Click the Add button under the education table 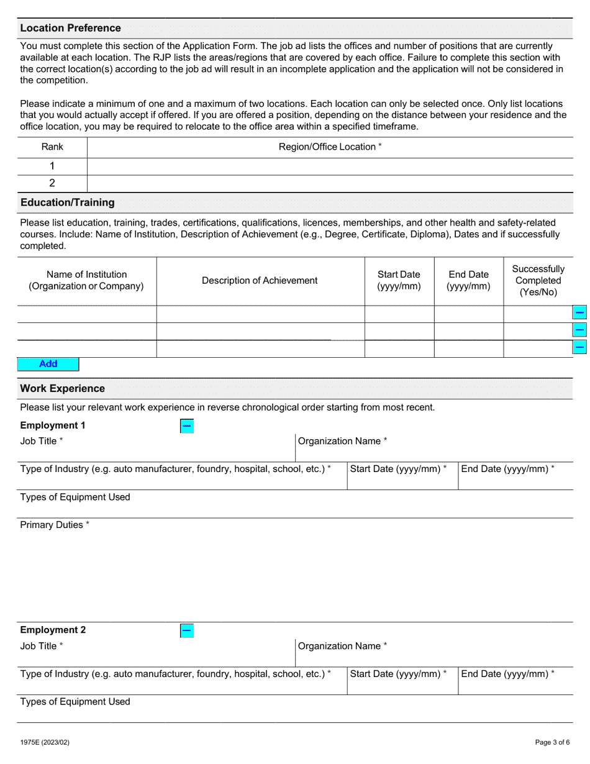pyautogui.click(x=48, y=364)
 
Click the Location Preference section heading pyautogui.click(x=70, y=28)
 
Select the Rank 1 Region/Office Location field pyautogui.click(x=330, y=166)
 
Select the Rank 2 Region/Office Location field pyautogui.click(x=330, y=183)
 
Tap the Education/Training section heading pyautogui.click(x=67, y=202)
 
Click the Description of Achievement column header pyautogui.click(x=260, y=281)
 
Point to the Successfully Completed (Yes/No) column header pyautogui.click(x=538, y=281)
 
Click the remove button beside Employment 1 pyautogui.click(x=187, y=426)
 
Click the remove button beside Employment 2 pyautogui.click(x=187, y=631)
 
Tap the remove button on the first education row pyautogui.click(x=579, y=313)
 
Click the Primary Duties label pyautogui.click(x=55, y=525)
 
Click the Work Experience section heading pyautogui.click(x=62, y=389)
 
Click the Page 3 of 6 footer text pyautogui.click(x=552, y=742)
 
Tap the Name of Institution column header pyautogui.click(x=86, y=281)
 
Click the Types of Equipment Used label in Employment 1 pyautogui.click(x=75, y=497)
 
